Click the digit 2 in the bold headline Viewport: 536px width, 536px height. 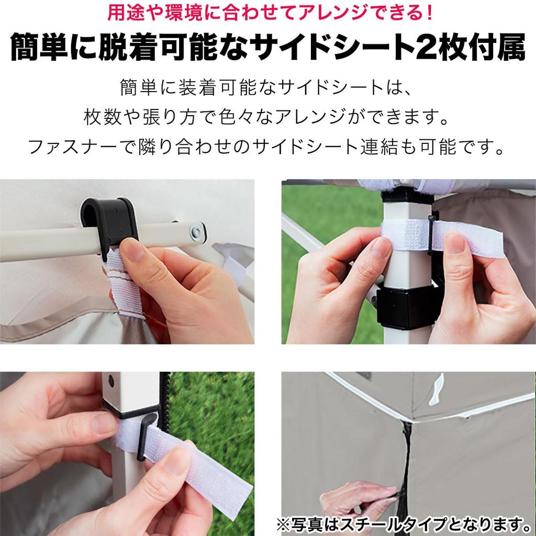pos(426,48)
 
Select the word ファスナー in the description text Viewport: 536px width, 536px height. pos(68,147)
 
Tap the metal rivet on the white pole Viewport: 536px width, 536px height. pos(198,231)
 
